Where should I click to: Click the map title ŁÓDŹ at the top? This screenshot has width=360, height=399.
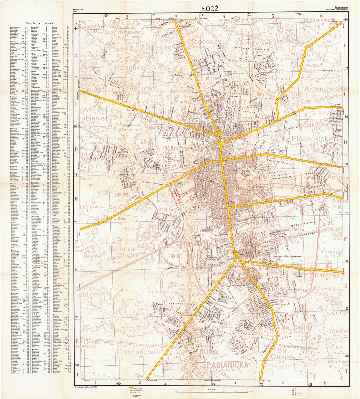(210, 9)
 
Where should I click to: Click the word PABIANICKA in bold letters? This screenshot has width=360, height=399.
(228, 365)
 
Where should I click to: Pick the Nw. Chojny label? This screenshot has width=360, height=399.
(296, 328)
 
